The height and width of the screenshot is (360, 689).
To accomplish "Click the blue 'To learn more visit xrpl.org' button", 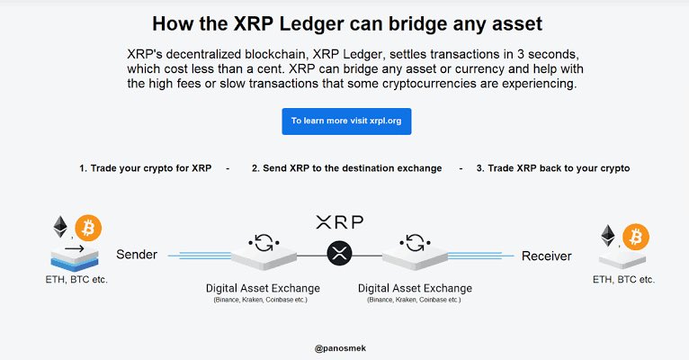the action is click(346, 121).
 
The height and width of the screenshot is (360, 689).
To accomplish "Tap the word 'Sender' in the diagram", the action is click(137, 255).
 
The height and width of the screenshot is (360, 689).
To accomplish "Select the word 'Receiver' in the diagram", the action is click(546, 256).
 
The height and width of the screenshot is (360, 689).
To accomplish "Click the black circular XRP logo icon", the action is click(339, 254).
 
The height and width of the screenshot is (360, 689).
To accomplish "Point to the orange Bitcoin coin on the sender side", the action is click(88, 226).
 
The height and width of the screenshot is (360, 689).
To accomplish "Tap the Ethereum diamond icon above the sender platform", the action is click(62, 226).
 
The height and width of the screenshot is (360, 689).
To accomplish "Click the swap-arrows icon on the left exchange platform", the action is click(265, 242).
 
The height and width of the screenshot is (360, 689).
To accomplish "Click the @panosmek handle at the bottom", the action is click(339, 346).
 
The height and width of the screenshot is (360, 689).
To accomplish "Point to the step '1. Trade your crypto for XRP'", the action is click(145, 168).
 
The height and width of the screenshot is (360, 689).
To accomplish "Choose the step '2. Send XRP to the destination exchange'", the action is click(346, 168).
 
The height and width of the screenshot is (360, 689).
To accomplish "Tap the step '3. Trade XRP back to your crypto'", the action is click(553, 168).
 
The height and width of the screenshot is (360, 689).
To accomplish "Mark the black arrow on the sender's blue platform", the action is click(75, 247).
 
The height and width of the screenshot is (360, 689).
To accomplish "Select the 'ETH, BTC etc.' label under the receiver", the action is click(623, 279).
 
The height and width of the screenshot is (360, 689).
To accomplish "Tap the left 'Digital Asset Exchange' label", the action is click(263, 288).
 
